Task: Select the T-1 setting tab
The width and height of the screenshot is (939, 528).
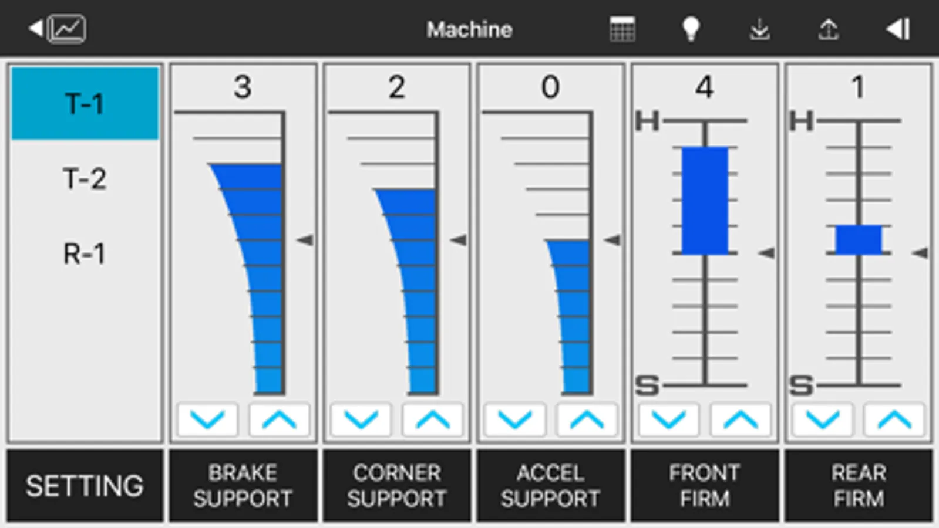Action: click(85, 103)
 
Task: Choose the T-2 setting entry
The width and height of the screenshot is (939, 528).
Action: click(85, 179)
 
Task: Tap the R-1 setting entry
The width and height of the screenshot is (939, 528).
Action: click(85, 253)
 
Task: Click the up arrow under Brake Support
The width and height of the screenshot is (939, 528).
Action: click(279, 419)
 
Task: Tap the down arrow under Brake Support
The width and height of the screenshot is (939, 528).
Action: click(207, 419)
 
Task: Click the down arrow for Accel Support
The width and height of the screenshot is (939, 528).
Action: click(515, 419)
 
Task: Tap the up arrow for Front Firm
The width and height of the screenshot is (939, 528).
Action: click(741, 419)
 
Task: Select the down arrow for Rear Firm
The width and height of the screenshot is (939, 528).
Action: click(823, 419)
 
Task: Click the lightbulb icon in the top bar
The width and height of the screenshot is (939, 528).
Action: click(691, 29)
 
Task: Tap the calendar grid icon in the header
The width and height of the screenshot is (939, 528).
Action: click(622, 29)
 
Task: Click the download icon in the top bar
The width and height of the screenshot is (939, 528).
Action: click(759, 30)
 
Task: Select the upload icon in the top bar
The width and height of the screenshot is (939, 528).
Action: click(829, 30)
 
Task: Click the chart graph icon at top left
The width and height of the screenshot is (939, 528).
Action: click(67, 29)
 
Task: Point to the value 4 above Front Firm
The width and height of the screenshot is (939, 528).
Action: click(705, 87)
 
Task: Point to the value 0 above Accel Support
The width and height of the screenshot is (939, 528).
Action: click(550, 87)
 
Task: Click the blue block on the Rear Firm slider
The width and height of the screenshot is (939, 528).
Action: click(859, 239)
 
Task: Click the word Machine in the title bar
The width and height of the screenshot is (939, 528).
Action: click(470, 30)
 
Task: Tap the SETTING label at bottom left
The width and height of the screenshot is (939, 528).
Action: click(85, 486)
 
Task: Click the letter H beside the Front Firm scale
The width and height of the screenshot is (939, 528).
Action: click(647, 121)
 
